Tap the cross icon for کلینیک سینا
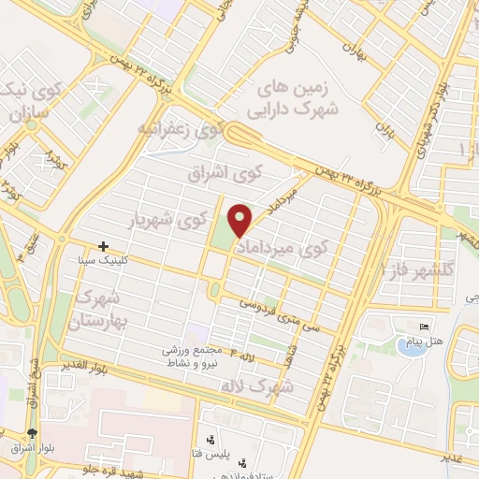pyautogui.click(x=104, y=246)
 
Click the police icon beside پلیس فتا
pyautogui.click(x=210, y=439)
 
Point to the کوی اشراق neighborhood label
pyautogui.click(x=251, y=175)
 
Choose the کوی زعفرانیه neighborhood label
pyautogui.click(x=180, y=131)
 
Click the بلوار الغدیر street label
pyautogui.click(x=84, y=363)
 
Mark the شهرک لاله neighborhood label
pyautogui.click(x=255, y=385)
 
